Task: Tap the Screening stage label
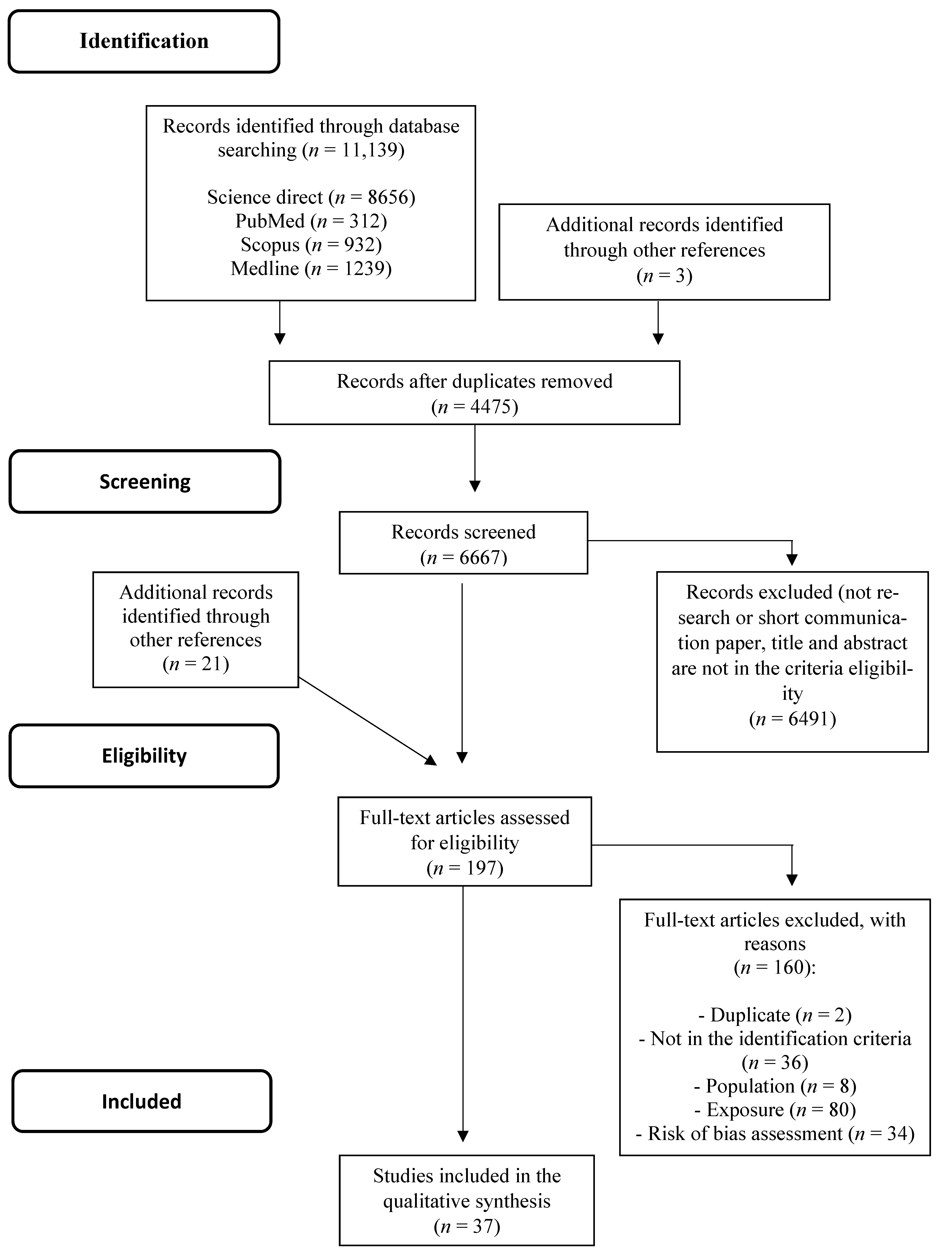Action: (x=145, y=482)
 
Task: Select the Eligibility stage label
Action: (x=144, y=756)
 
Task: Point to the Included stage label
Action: (x=142, y=1101)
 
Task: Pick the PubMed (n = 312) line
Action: (x=311, y=221)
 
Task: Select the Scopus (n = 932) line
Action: (x=311, y=245)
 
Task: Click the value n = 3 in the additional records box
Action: (x=664, y=276)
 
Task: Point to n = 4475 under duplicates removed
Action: (x=475, y=407)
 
